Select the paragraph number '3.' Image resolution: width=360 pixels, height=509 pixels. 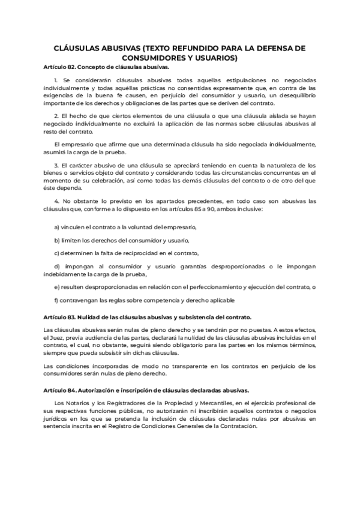pos(56,164)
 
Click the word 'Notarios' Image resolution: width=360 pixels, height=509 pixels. pos(79,402)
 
